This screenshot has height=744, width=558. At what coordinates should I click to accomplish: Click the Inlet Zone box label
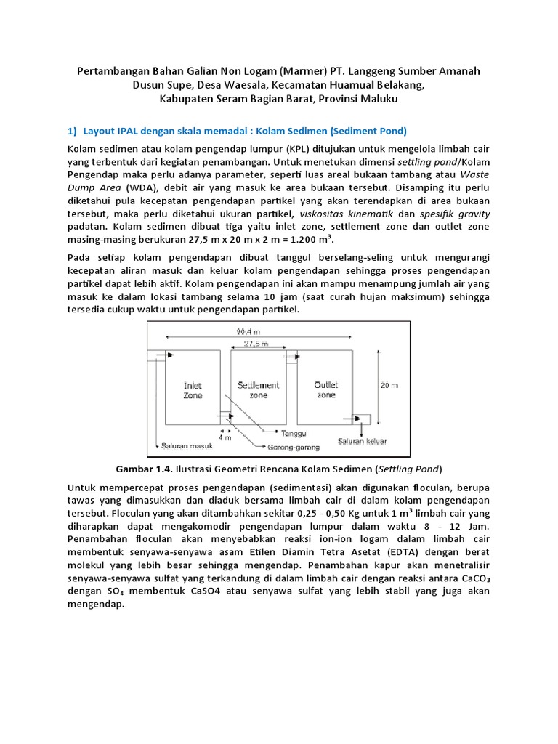[x=193, y=390]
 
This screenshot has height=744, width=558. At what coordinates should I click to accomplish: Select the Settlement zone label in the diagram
[x=258, y=389]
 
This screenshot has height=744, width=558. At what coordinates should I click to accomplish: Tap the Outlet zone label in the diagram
[x=326, y=389]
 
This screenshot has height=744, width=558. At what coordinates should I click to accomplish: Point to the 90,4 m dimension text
[x=250, y=331]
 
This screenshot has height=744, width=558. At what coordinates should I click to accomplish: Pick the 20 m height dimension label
[x=389, y=386]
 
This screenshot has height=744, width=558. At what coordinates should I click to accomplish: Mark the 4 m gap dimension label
[x=225, y=437]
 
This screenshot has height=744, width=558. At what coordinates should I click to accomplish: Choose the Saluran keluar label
[x=361, y=441]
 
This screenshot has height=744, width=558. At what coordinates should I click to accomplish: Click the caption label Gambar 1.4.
[x=142, y=468]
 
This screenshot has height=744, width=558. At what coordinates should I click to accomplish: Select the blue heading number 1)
[x=71, y=131]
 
